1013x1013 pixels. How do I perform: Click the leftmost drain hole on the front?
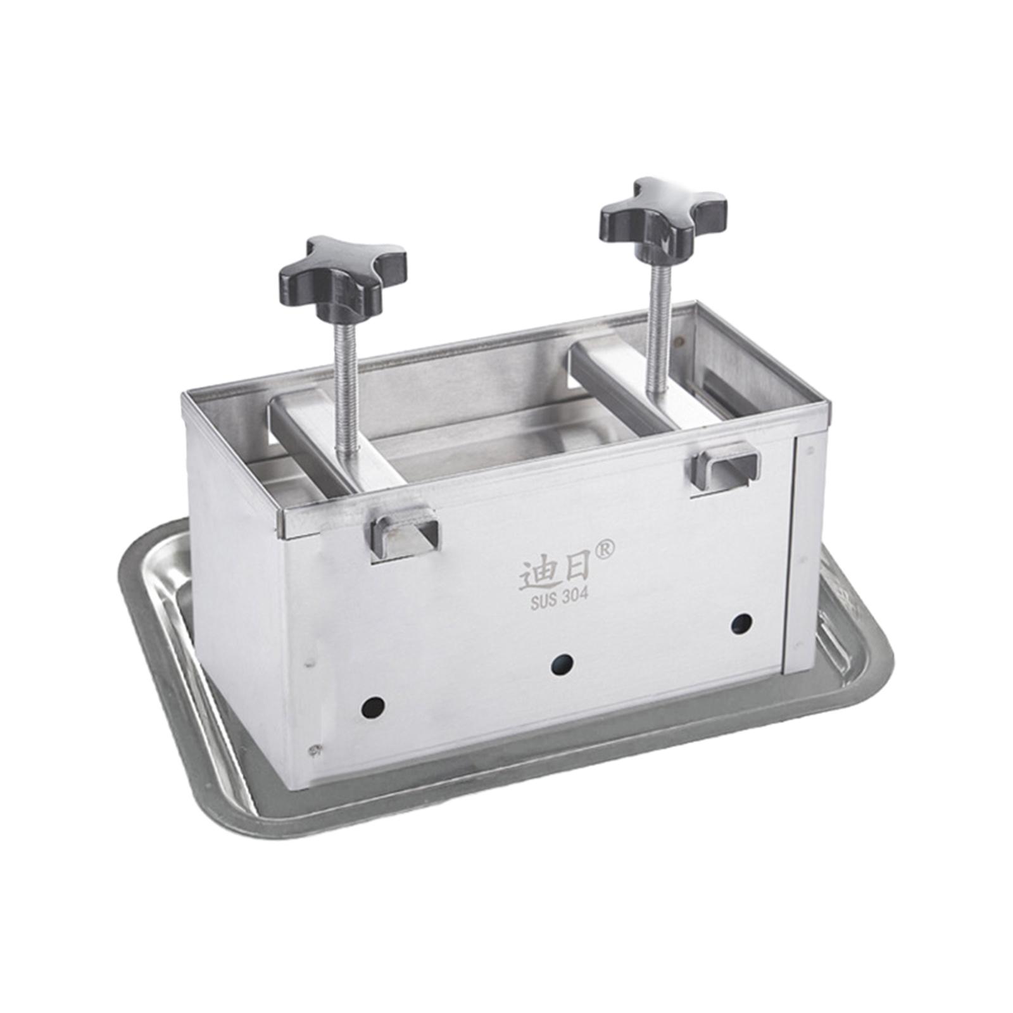373,707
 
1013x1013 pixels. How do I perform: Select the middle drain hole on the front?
562,664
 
